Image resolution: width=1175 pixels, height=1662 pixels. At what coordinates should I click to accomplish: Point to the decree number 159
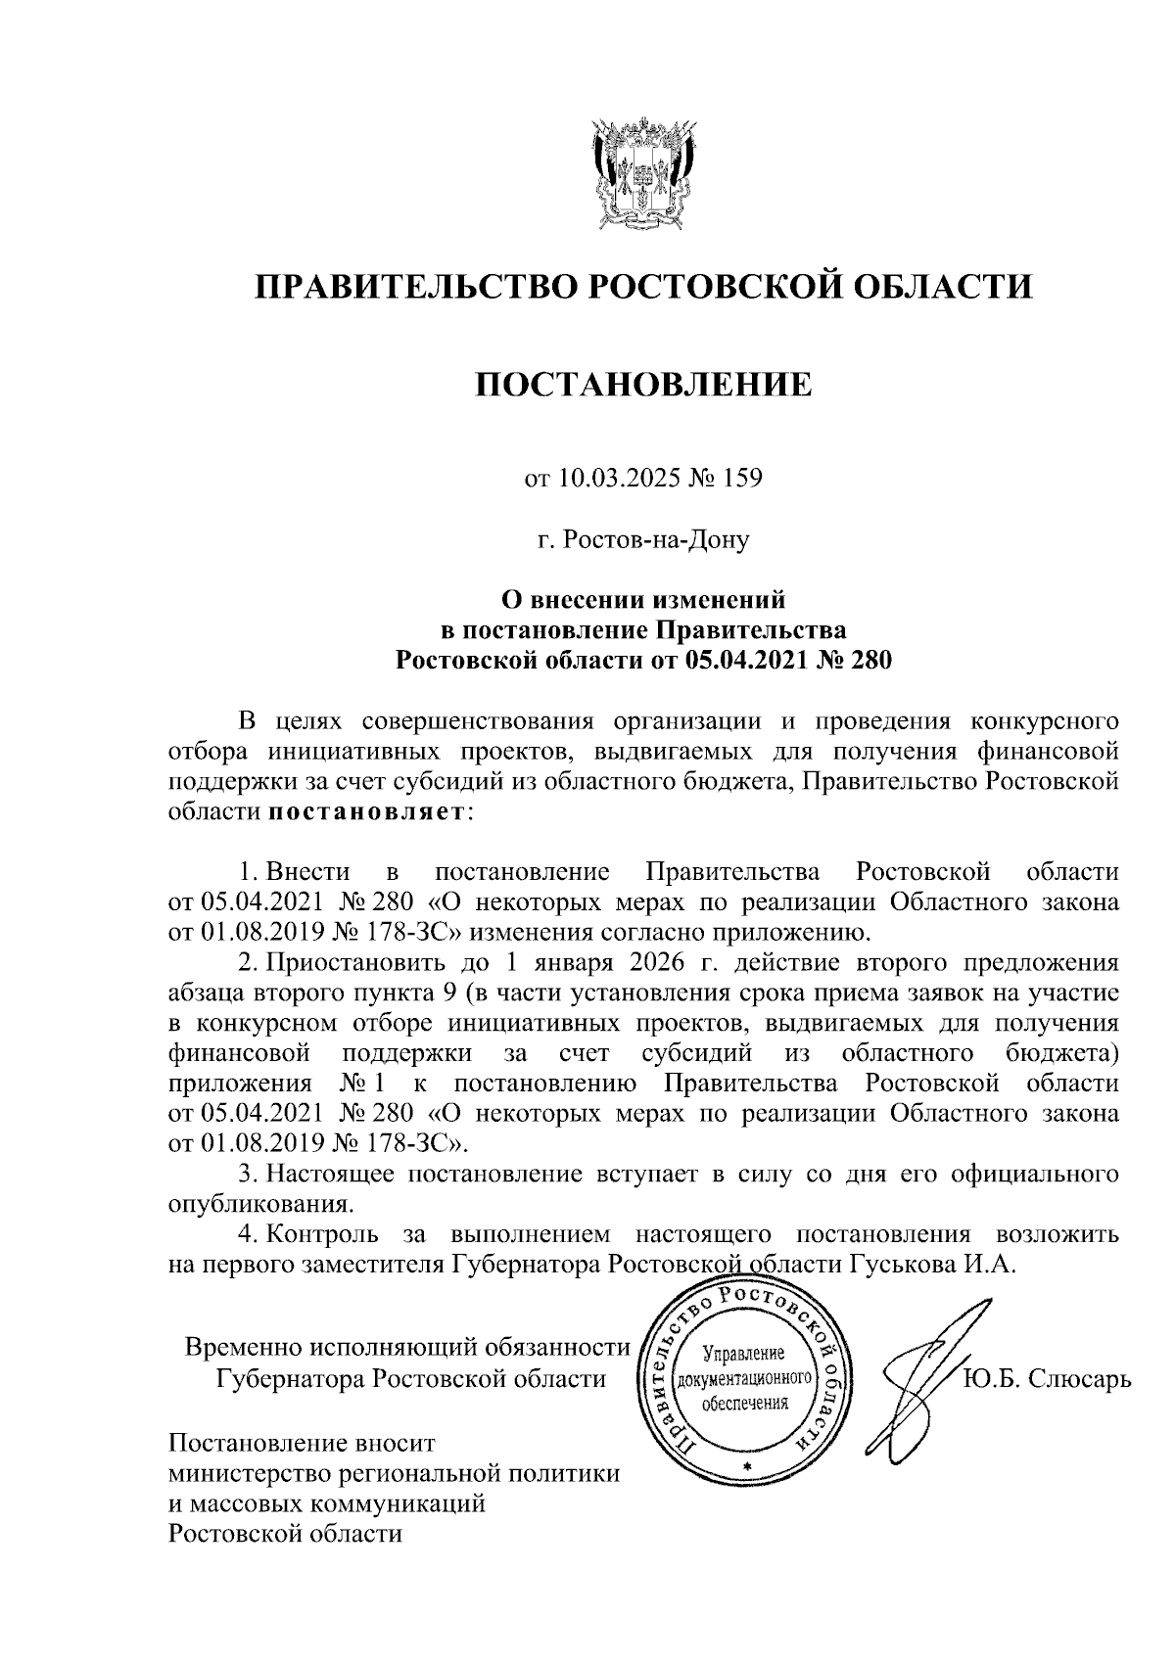[x=741, y=480]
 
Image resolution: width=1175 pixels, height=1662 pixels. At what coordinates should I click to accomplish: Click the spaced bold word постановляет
[x=366, y=812]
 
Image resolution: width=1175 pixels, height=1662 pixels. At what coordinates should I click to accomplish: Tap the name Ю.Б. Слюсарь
[x=1047, y=1380]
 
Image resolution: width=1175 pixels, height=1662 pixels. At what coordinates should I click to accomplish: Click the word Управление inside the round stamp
[x=745, y=1355]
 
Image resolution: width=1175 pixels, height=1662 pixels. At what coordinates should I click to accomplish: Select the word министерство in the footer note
[x=265, y=1474]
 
